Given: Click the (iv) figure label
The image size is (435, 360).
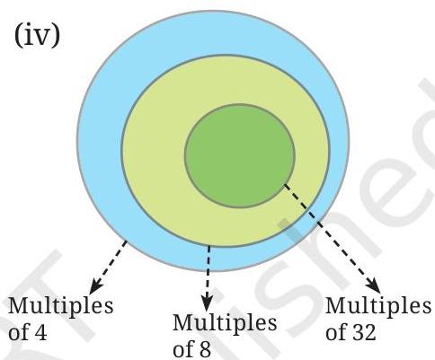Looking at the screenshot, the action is coord(37,36).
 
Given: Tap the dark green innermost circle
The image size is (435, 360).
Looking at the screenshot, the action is coord(240,155).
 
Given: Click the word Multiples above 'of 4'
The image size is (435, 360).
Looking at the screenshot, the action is coord(61,306).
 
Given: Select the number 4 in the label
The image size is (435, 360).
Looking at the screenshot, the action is coord(41,333).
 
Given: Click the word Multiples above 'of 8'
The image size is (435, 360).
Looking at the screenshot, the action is coord(225,323).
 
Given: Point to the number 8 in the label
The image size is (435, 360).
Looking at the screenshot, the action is coord(206,349).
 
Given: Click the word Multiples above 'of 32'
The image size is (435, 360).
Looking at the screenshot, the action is coord(378,306).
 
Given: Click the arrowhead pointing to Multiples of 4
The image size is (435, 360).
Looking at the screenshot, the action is coord(96,286).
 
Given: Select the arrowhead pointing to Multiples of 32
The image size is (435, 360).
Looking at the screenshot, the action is coord(374,286).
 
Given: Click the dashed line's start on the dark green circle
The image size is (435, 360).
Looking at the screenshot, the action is coord(285,185).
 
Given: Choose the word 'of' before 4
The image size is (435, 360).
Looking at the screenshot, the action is coord(19,332).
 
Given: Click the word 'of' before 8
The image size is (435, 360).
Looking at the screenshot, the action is coord(183,349).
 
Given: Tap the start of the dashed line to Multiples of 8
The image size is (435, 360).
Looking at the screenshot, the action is coord(209,246).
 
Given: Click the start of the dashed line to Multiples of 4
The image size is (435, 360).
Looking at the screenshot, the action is coord(127,241).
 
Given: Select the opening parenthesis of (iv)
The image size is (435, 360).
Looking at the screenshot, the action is coord(18,36).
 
